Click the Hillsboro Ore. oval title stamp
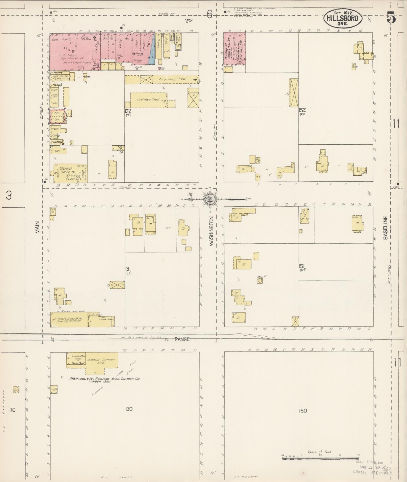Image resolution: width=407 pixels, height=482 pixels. click(x=342, y=18)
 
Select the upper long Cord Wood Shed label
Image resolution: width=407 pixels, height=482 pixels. click(x=172, y=79)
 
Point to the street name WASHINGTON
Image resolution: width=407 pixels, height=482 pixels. click(x=211, y=231)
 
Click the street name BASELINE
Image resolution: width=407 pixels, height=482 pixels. click(x=385, y=228)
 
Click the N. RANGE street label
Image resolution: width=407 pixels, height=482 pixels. click(x=177, y=339)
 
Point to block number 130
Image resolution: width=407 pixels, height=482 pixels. click(x=129, y=409)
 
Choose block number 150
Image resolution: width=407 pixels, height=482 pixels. click(x=303, y=411)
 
